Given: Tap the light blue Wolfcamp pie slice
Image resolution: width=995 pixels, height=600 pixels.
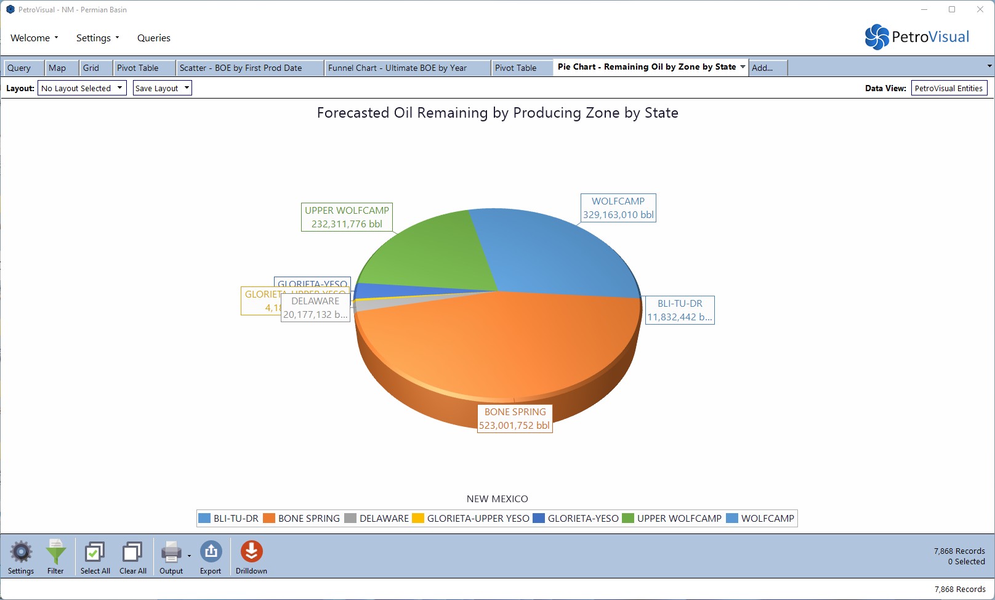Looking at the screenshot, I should coord(554,253).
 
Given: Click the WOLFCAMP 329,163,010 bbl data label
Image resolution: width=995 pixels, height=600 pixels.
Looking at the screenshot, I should coord(618,208).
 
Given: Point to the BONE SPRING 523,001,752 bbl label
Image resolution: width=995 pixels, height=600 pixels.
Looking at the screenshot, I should coord(515,419).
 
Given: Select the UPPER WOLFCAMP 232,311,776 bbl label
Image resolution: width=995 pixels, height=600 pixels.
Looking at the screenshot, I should coord(347,217).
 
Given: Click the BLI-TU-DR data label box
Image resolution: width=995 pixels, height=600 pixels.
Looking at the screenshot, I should coord(680,310).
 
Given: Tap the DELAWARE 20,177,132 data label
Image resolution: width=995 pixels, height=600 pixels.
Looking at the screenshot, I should coord(315,308).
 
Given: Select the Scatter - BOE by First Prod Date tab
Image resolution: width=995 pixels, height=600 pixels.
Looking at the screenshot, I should coord(241,68).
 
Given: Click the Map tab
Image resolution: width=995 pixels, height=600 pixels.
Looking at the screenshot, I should coord(57,68).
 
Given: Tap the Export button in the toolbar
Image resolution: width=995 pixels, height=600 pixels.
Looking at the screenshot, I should coord(211,556).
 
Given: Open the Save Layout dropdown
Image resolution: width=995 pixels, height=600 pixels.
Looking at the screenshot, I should coord(163,88).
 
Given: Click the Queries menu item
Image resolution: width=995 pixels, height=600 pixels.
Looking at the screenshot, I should coord(154,38).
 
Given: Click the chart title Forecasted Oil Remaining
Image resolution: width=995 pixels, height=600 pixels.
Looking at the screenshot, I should coord(498,113).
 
